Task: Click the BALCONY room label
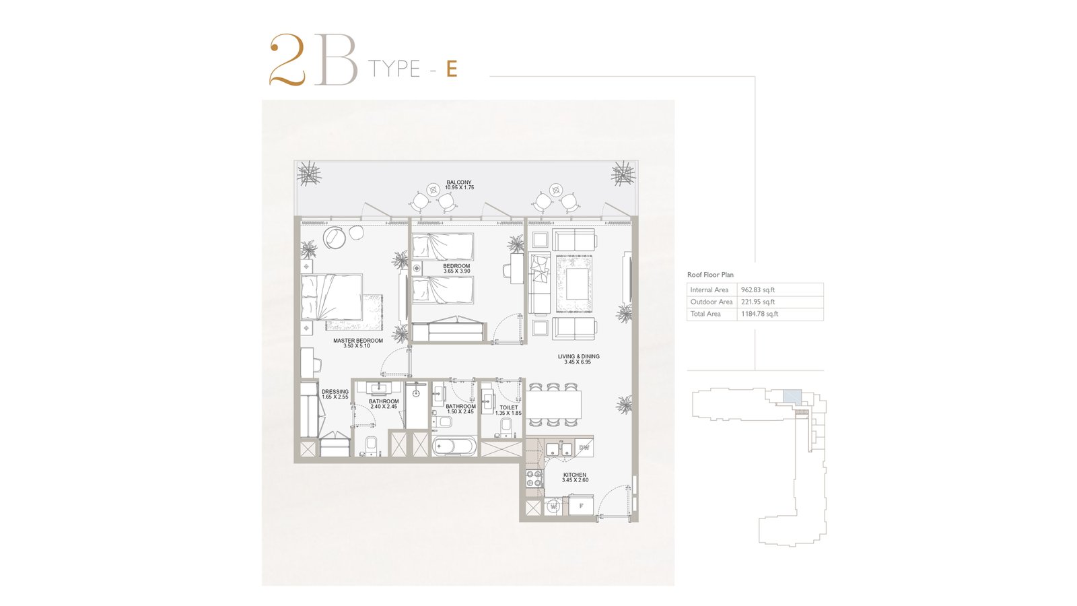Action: [458, 182]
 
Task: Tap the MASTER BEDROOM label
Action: [357, 341]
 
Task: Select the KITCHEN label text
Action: [575, 475]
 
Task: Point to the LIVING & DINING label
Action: [578, 356]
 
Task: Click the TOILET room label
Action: [509, 407]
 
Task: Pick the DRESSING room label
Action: [335, 391]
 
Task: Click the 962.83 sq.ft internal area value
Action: [758, 290]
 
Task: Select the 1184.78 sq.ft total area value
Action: [759, 314]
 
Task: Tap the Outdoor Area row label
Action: [711, 302]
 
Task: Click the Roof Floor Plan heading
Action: [710, 275]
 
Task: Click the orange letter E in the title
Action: [451, 69]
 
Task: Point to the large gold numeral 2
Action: [287, 60]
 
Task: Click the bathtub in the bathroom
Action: [454, 447]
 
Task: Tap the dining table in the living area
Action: [553, 404]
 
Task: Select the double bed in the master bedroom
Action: [332, 297]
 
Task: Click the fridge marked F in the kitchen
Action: [581, 506]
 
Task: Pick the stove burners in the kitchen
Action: [534, 479]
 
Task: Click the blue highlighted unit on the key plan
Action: [792, 396]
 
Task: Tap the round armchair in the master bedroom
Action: [334, 237]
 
